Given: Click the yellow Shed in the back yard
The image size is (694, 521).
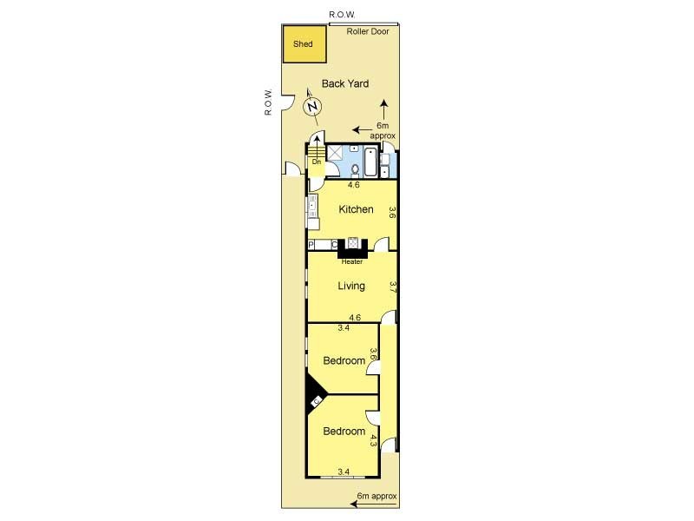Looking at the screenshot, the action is click(x=304, y=44).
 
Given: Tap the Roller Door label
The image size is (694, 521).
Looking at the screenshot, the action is click(x=367, y=31).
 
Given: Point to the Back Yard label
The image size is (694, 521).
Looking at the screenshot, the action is click(x=345, y=83).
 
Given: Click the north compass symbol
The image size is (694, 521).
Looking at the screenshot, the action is click(x=312, y=106).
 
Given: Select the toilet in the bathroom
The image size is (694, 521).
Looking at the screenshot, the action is click(x=355, y=169).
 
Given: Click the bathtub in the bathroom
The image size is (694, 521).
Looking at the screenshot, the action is click(x=370, y=162).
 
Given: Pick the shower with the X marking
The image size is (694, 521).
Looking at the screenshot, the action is click(x=334, y=153).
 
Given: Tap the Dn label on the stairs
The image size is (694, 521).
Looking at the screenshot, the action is click(x=317, y=162).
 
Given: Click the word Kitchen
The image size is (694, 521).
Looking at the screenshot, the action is click(x=356, y=209).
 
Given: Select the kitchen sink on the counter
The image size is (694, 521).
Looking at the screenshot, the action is click(x=313, y=206).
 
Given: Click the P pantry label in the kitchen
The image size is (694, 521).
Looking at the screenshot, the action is click(x=311, y=245).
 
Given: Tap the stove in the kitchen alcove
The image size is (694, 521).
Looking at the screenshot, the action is click(x=353, y=243).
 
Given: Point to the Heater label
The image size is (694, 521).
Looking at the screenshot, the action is click(x=352, y=262).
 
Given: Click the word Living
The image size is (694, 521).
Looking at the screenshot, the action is click(x=351, y=286).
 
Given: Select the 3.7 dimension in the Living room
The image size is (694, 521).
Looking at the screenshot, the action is click(x=392, y=287).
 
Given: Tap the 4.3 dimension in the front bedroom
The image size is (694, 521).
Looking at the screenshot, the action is click(x=373, y=440).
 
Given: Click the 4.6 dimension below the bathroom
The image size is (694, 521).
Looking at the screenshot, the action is click(x=354, y=185).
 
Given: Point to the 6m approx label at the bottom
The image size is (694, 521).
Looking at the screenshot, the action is click(x=376, y=496).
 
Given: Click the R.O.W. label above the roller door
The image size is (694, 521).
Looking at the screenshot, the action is click(x=342, y=15).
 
